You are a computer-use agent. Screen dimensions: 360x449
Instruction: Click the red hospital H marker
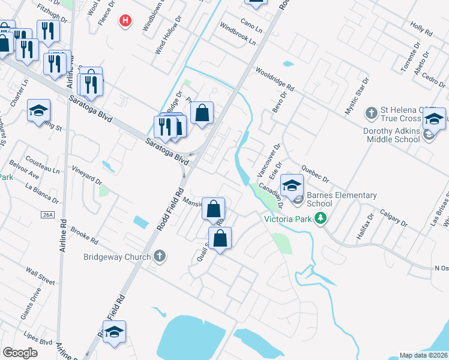pyautogui.click(x=125, y=22)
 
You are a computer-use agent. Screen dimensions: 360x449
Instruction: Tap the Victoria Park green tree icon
pyautogui.click(x=321, y=218)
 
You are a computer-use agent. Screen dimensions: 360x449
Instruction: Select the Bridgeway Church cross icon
pyautogui.click(x=159, y=256)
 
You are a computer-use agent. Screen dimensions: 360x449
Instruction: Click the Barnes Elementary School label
pyautogui.click(x=342, y=199)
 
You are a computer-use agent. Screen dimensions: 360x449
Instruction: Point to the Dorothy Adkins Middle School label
pyautogui.click(x=391, y=135)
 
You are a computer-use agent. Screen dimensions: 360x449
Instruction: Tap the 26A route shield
pyautogui.click(x=49, y=214)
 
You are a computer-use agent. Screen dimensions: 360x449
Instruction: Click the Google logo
pyautogui.click(x=20, y=353)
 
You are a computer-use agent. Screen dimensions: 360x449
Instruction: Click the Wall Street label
pyautogui.click(x=40, y=277)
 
